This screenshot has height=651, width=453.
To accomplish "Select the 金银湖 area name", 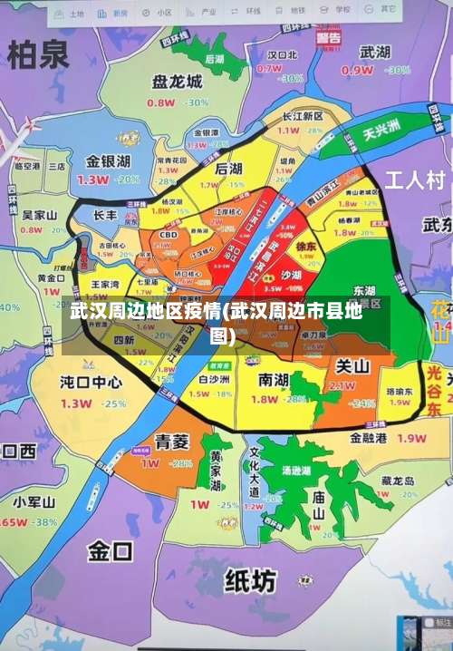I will point(108,161).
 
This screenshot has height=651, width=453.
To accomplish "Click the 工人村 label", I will point(415,178).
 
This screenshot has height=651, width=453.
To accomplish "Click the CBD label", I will point(169,235).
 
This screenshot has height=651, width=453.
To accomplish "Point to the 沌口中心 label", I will point(91,382).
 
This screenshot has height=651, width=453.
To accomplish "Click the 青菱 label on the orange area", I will point(171,442).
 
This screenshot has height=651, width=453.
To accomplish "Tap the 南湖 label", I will point(275,379).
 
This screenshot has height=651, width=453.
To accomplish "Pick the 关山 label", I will point(352,366).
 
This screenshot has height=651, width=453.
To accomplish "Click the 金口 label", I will point(111,550).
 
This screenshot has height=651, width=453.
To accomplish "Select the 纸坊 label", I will point(249,579).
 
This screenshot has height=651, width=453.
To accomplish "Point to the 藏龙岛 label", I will point(398,481).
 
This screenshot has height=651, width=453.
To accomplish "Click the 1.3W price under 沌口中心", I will point(76,403).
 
